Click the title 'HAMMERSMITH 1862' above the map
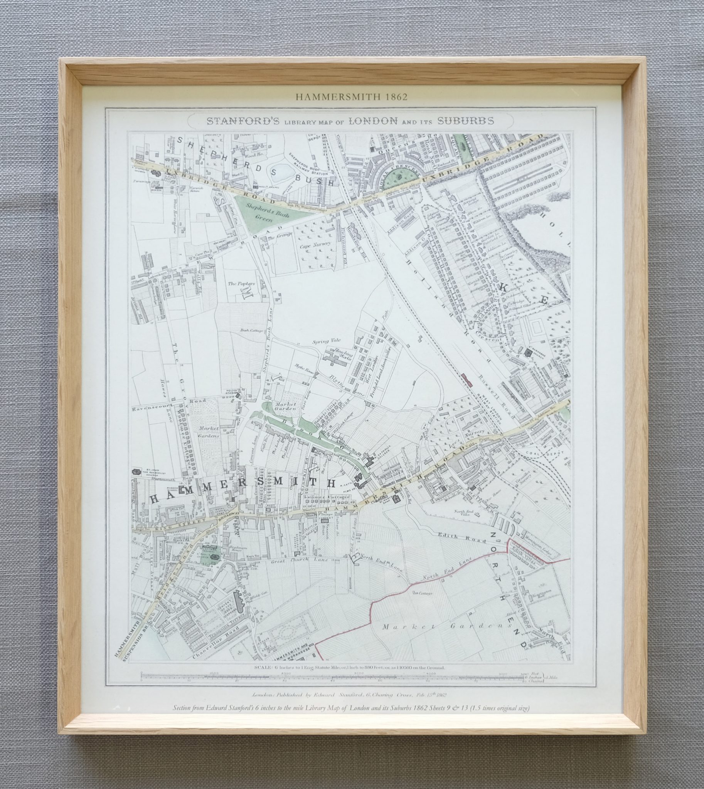click(351, 97)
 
